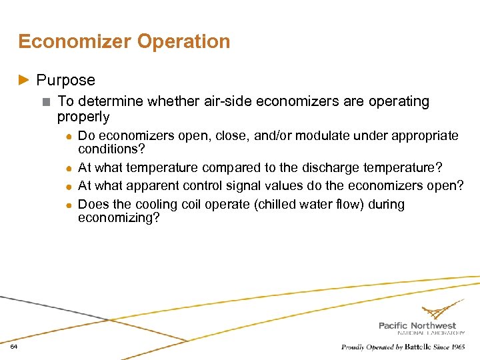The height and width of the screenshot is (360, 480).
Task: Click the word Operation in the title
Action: [183, 41]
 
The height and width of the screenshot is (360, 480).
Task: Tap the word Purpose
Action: [65, 80]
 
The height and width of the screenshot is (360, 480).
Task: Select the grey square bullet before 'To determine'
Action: [45, 102]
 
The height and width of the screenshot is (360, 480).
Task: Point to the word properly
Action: [83, 117]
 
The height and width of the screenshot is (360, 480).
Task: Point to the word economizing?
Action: [119, 217]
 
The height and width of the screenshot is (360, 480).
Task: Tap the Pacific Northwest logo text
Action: [417, 325]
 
